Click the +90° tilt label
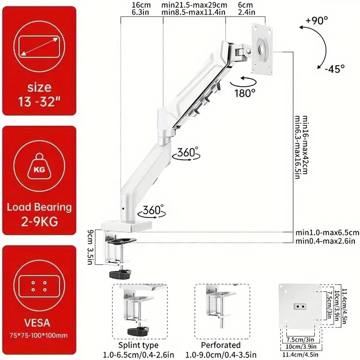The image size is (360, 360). tap(316, 21)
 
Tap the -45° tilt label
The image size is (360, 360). tap(334, 68)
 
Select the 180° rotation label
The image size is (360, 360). tap(245, 93)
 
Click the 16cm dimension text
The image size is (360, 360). tap(141, 5)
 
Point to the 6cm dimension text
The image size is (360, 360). tap(245, 5)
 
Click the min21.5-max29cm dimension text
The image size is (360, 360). tap(194, 5)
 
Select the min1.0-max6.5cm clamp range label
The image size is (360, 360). tap(327, 233)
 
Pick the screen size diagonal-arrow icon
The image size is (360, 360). tap(39, 46)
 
